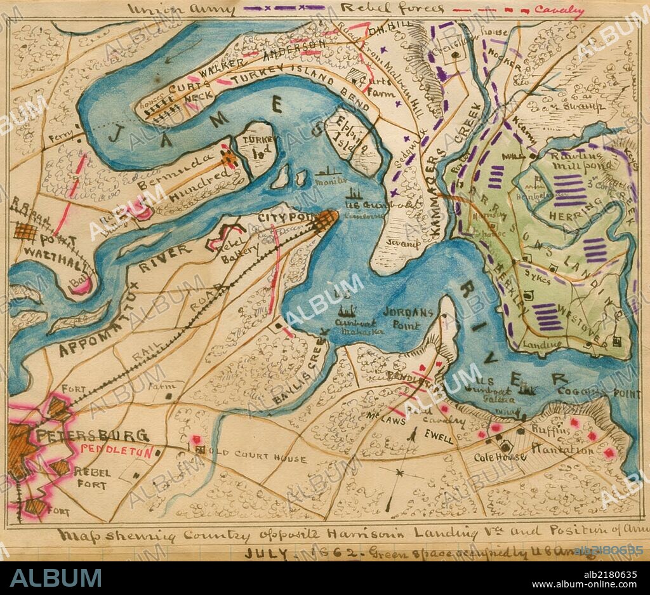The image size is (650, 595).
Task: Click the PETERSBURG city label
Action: pyautogui.click(x=91, y=436)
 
